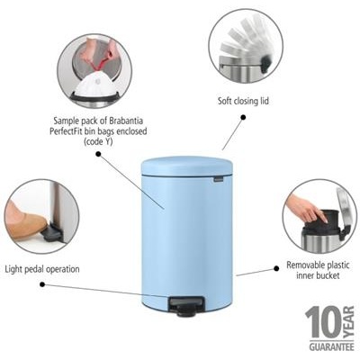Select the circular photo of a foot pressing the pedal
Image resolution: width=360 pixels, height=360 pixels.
click(x=40, y=217)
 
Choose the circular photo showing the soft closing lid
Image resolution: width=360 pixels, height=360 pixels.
click(x=247, y=46)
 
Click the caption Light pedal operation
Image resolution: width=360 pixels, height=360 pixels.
click(x=41, y=268)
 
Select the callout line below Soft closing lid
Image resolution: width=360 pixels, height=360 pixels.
click(x=232, y=131)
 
